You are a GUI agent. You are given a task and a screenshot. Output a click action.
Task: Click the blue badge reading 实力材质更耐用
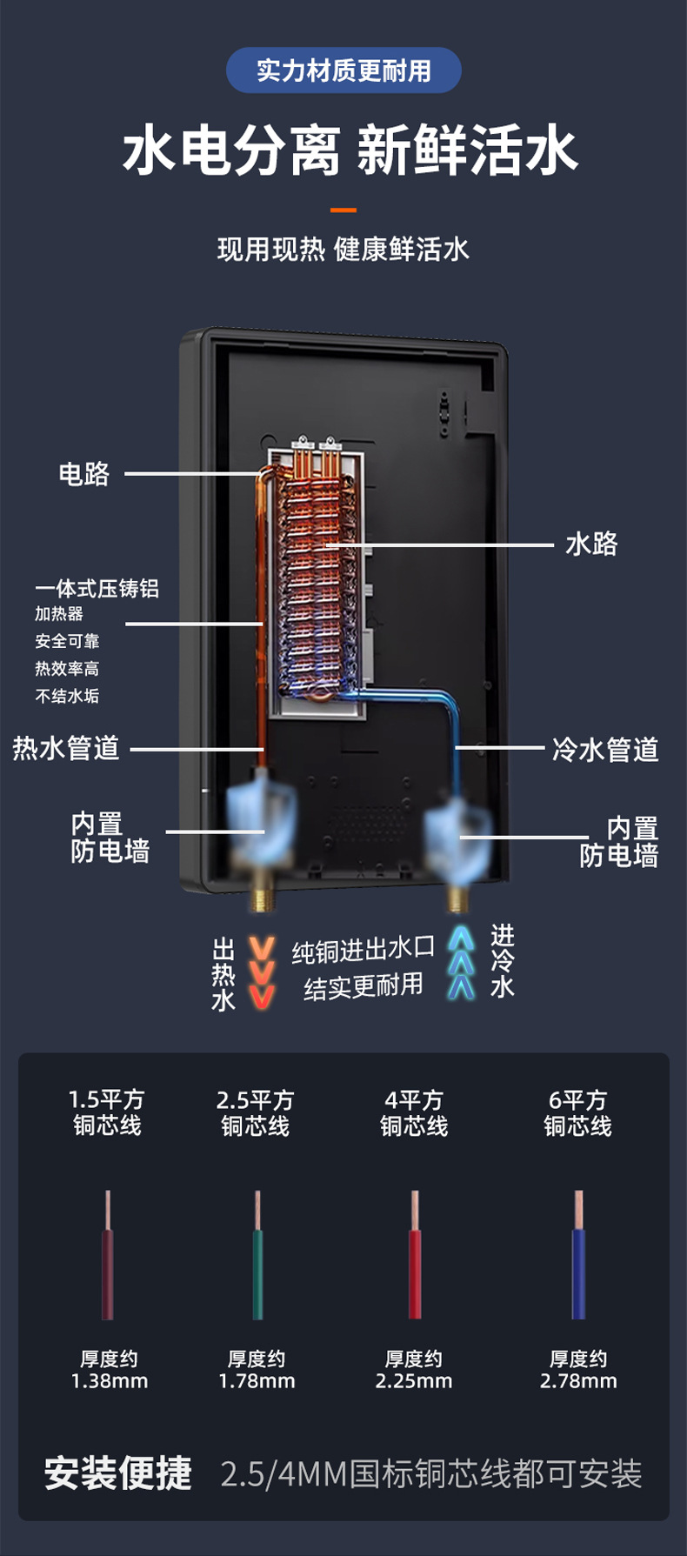click(343, 70)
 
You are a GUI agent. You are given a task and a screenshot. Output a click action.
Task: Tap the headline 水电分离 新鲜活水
click(350, 150)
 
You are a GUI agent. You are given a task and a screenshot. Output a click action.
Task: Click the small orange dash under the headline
click(343, 210)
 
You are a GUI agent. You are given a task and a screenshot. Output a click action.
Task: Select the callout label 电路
click(83, 474)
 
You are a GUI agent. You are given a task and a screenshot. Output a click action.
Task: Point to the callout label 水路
click(591, 544)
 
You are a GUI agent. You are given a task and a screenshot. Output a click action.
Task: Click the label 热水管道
click(66, 748)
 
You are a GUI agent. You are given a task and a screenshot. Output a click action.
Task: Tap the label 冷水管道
click(605, 749)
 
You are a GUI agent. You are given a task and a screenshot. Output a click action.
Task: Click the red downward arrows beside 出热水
click(262, 973)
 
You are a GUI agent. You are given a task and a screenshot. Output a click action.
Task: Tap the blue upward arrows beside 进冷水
click(461, 963)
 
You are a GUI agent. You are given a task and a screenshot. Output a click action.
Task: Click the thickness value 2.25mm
click(414, 1381)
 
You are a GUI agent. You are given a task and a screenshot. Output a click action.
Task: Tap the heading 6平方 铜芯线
click(578, 1113)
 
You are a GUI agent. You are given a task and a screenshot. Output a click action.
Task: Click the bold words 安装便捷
click(118, 1473)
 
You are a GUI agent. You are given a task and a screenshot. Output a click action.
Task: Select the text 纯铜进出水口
click(363, 951)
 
